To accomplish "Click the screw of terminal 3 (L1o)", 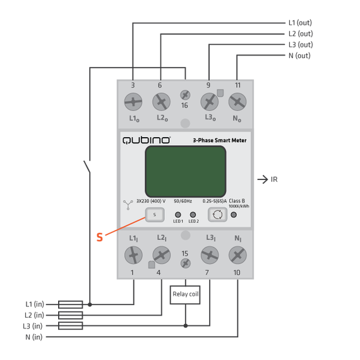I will point(133,102).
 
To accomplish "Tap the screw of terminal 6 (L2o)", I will point(161,102).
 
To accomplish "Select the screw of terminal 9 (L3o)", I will point(209,102).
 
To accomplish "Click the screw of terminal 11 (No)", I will point(237,102).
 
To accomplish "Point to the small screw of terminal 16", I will point(185,94).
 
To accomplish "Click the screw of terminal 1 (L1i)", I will point(133,255).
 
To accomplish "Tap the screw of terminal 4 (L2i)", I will point(161,255).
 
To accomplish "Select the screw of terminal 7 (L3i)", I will point(209,255).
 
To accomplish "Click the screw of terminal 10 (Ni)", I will point(237,255).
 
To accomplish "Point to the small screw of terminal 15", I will point(185,262).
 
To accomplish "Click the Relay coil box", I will point(185,294).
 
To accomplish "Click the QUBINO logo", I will point(146,140).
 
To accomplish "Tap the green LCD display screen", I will point(185,171).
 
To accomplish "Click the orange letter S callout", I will point(99,237).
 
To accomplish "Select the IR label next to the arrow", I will point(274,179).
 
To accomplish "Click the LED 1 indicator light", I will point(178,215).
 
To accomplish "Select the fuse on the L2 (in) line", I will point(70,315).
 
